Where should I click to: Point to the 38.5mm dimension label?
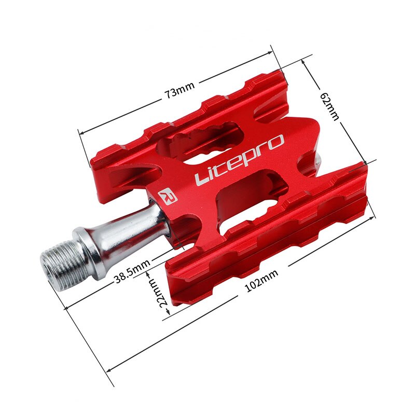(132, 275)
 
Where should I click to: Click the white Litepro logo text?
(240, 159)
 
